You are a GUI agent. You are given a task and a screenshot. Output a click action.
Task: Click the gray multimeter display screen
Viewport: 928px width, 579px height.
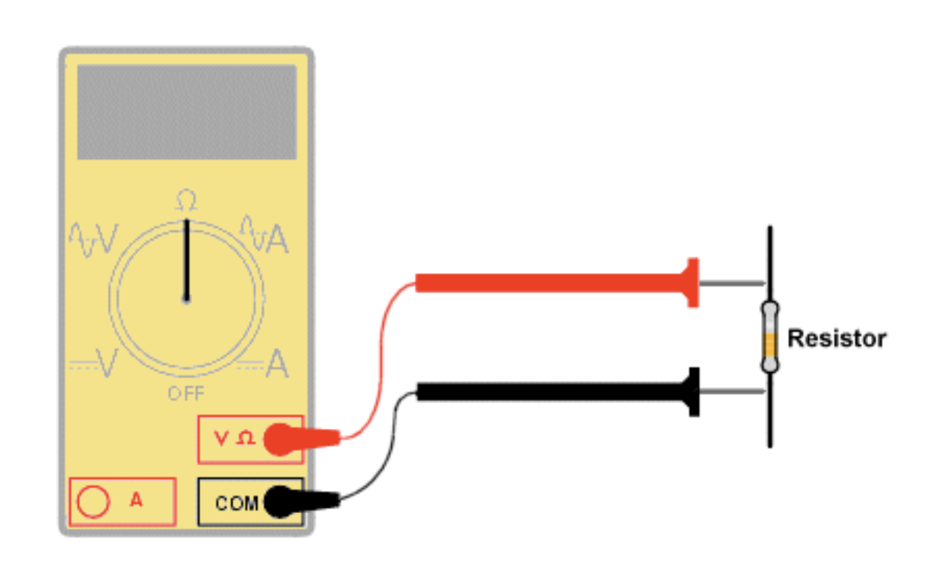(187, 111)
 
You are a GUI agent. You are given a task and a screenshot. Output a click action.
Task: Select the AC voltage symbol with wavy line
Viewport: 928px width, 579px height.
(93, 239)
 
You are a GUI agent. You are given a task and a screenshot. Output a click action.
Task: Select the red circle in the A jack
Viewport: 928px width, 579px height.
(94, 501)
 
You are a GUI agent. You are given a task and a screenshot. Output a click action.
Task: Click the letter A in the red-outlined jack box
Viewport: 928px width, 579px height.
(136, 499)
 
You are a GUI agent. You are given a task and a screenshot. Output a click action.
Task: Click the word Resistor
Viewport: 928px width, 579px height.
(836, 338)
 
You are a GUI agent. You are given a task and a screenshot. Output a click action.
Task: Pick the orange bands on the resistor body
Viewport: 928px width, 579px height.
(770, 345)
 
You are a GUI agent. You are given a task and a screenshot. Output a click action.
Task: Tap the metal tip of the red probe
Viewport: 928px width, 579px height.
(731, 283)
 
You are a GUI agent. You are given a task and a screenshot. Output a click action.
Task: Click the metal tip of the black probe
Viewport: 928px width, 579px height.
(731, 392)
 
